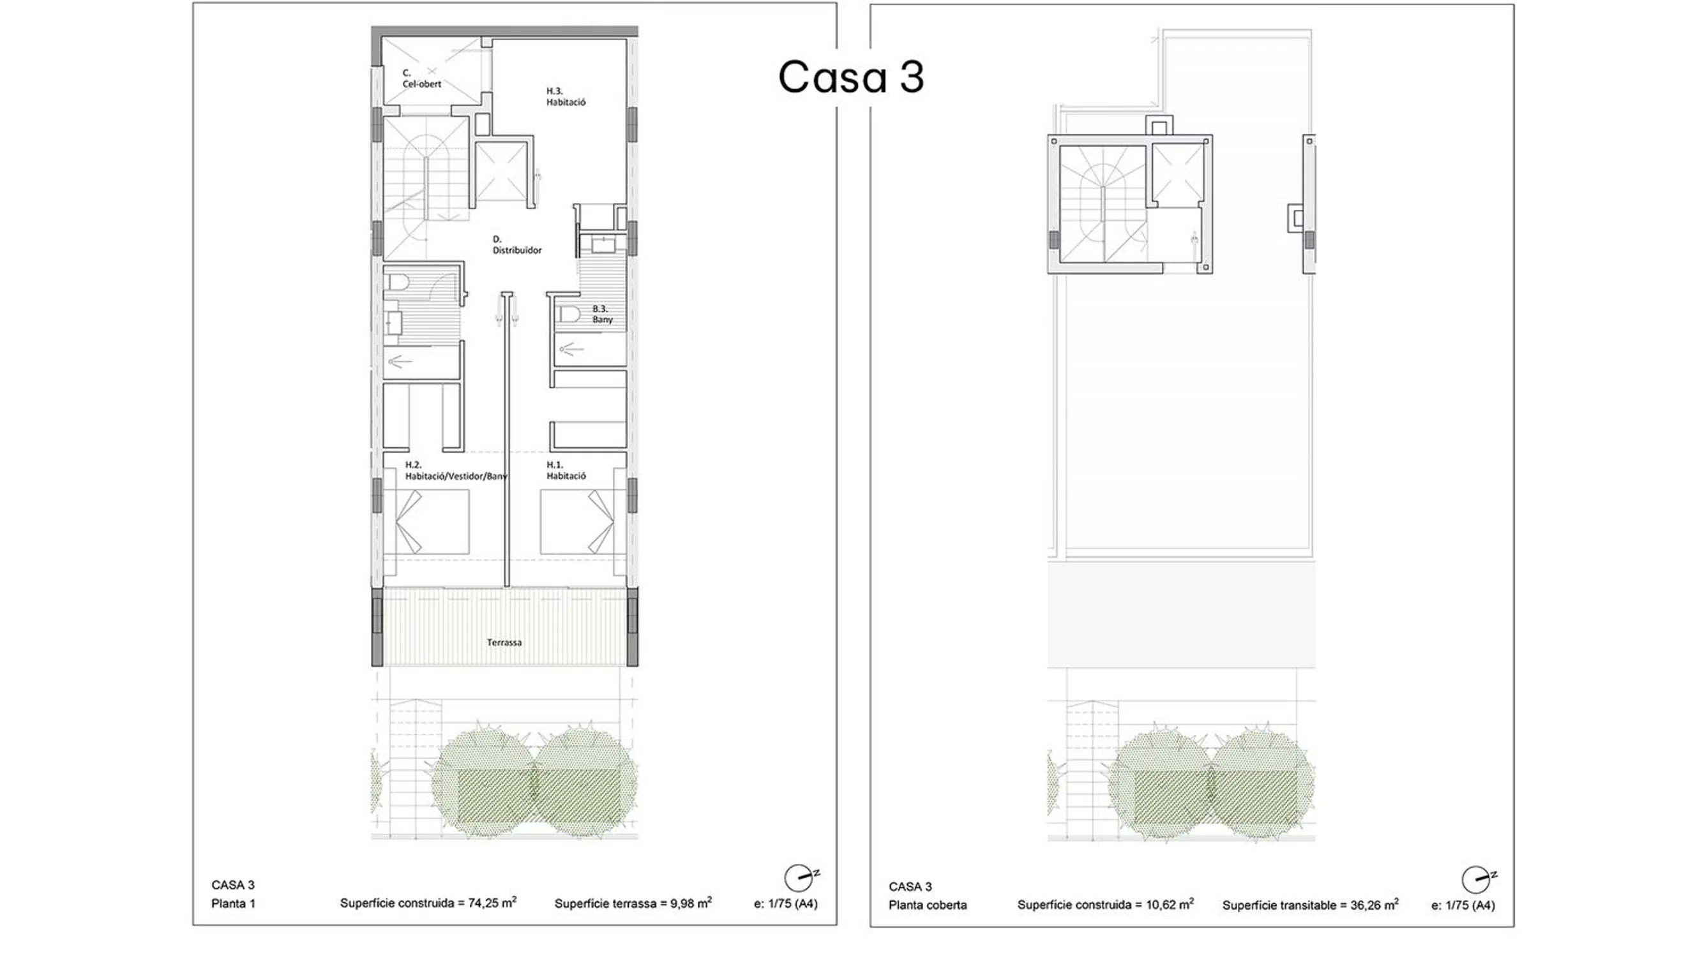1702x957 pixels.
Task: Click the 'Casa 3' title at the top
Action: (851, 77)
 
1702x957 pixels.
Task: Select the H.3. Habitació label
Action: (566, 96)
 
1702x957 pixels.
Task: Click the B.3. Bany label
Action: (602, 314)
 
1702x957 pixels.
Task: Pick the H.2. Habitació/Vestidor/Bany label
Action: (456, 470)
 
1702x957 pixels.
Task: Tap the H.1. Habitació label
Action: (566, 470)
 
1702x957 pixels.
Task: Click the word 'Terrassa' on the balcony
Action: (504, 642)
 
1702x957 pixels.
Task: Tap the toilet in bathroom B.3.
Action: (568, 313)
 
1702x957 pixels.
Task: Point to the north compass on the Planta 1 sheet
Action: (801, 878)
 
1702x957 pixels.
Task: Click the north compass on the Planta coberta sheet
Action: (1478, 880)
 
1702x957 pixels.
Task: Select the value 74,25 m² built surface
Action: (492, 902)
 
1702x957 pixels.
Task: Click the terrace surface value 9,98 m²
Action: (691, 902)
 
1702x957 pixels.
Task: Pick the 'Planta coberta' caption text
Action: (928, 905)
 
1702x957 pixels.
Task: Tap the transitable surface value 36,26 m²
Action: (1374, 904)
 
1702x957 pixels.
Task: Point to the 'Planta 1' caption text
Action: (233, 903)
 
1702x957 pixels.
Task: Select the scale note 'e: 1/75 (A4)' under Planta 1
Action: (786, 903)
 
